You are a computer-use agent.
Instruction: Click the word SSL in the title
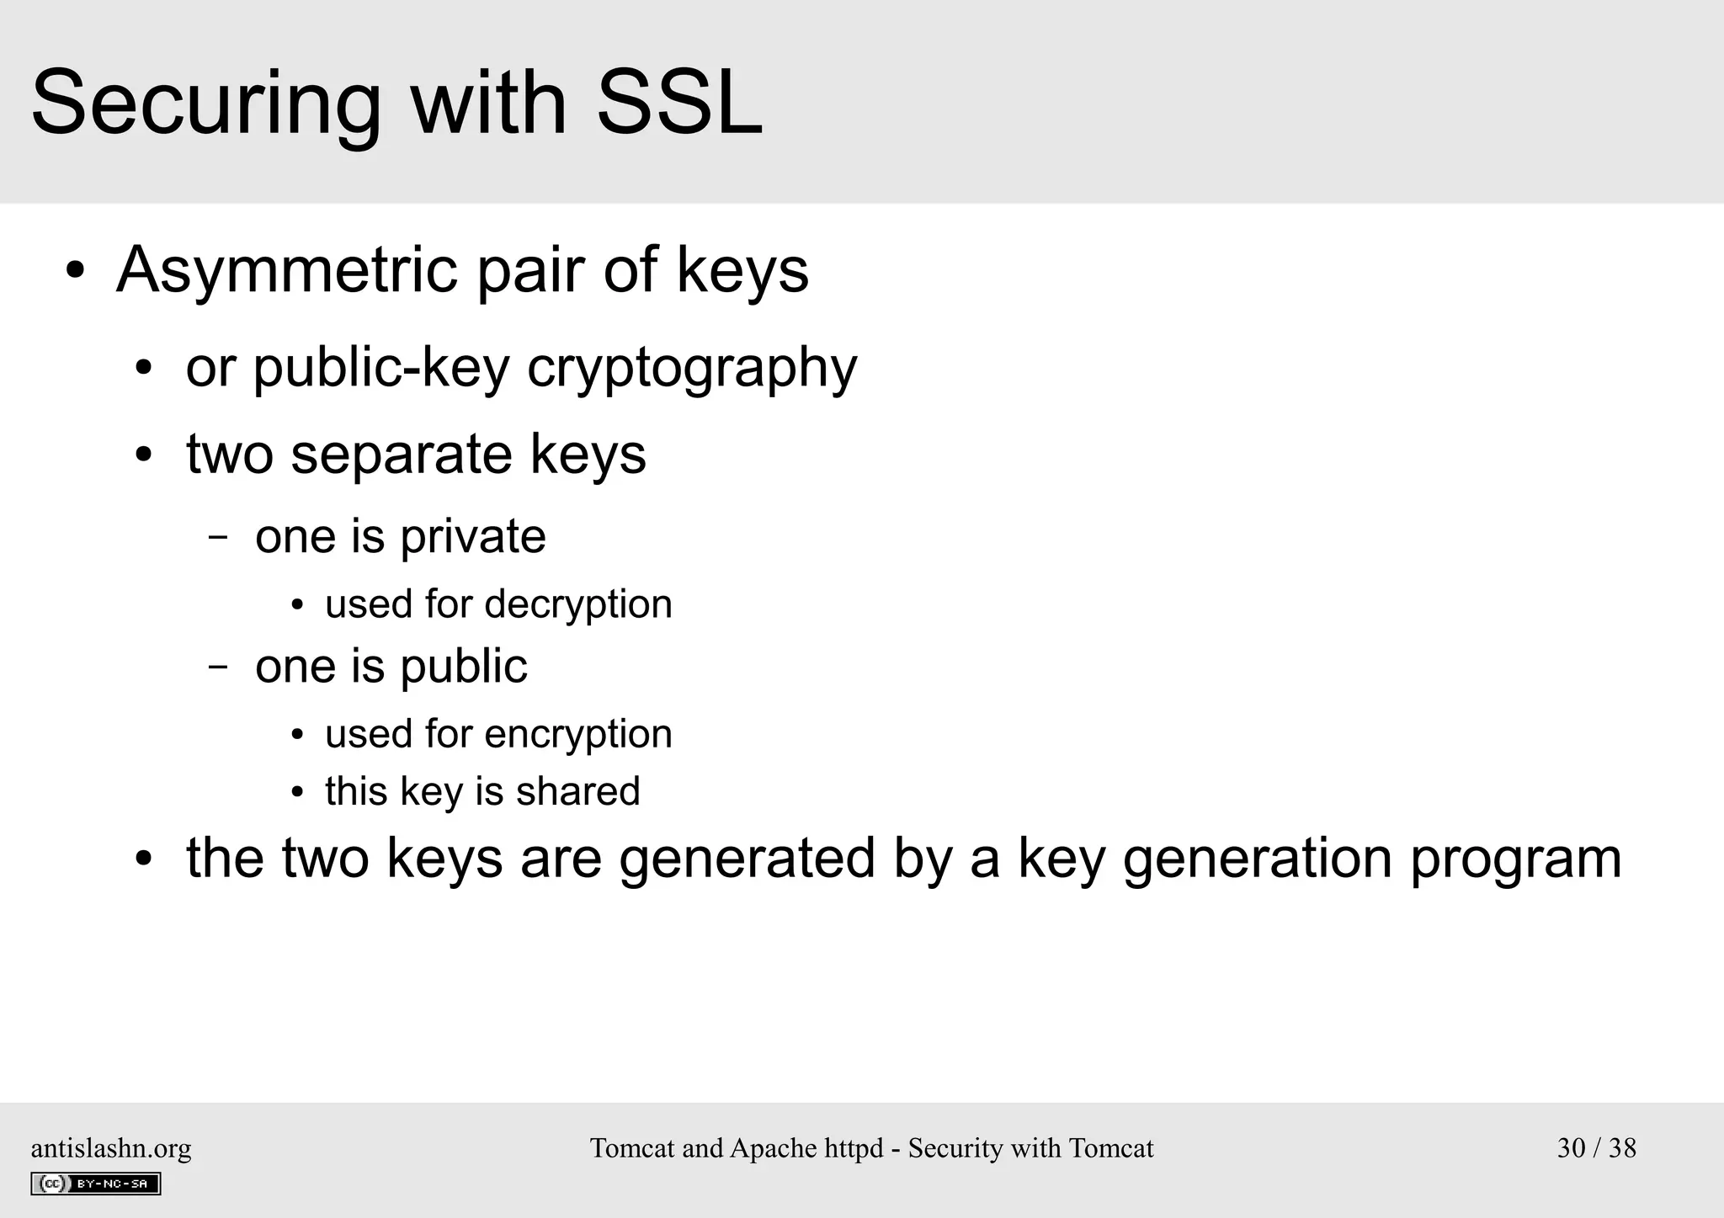(x=678, y=104)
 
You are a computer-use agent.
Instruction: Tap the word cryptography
(x=691, y=369)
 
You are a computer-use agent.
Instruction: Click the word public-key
(x=381, y=369)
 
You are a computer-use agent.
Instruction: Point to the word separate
(x=402, y=455)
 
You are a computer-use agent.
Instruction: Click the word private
(x=472, y=537)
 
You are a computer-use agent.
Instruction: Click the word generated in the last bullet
(x=747, y=859)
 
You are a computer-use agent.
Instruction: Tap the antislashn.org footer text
(x=111, y=1148)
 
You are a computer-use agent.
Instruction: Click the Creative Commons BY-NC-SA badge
(x=96, y=1183)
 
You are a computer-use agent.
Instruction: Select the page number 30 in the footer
(x=1571, y=1148)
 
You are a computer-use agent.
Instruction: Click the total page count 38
(x=1622, y=1148)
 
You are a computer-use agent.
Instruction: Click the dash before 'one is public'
(x=218, y=667)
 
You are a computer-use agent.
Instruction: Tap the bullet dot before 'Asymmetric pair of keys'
(x=76, y=272)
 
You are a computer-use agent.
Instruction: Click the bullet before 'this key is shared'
(x=296, y=793)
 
